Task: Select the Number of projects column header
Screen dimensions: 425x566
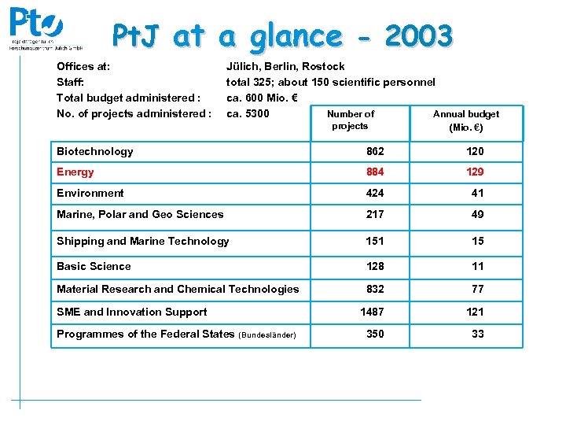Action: pos(351,120)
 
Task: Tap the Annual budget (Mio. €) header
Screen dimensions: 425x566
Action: pos(466,120)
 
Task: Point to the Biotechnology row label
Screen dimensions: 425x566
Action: pos(95,151)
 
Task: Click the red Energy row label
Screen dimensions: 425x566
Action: pos(75,172)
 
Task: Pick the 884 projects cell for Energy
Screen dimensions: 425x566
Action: pos(375,172)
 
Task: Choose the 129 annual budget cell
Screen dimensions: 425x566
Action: pos(474,172)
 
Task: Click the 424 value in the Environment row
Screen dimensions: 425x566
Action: pos(375,193)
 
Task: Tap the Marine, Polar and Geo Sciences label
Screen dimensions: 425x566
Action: pos(140,214)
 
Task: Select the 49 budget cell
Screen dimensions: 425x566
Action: pos(477,214)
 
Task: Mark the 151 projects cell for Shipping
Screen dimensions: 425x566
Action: pos(375,241)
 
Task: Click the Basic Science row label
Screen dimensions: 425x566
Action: pos(94,266)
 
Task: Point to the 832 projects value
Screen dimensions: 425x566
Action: pos(375,289)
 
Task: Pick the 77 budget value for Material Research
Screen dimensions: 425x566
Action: pos(477,289)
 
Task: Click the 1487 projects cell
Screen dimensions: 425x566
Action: pos(372,312)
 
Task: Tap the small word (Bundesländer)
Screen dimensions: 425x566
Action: pos(266,335)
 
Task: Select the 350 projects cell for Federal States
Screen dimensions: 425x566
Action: pos(375,334)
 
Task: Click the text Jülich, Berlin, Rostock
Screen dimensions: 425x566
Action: pos(285,66)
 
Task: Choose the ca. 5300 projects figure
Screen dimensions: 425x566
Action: pos(248,113)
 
